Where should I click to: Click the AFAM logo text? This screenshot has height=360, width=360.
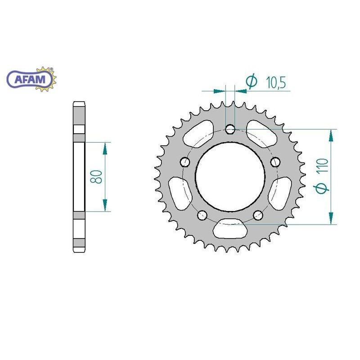[x=30, y=79]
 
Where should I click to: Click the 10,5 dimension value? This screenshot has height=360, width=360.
[x=276, y=82]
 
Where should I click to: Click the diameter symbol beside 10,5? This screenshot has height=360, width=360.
[x=252, y=81]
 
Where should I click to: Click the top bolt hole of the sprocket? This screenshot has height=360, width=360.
[x=230, y=130]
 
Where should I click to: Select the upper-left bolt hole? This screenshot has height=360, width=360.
[x=185, y=162]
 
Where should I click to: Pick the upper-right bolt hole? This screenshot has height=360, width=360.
[x=275, y=162]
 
